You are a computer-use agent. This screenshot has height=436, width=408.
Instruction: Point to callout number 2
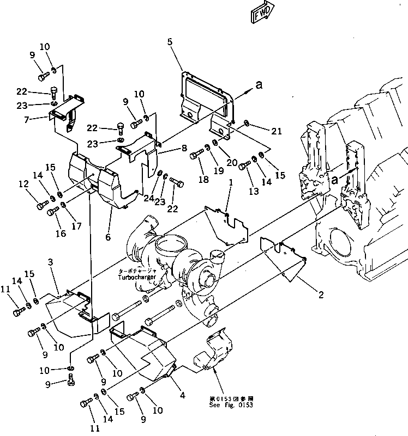pyautogui.click(x=321, y=295)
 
